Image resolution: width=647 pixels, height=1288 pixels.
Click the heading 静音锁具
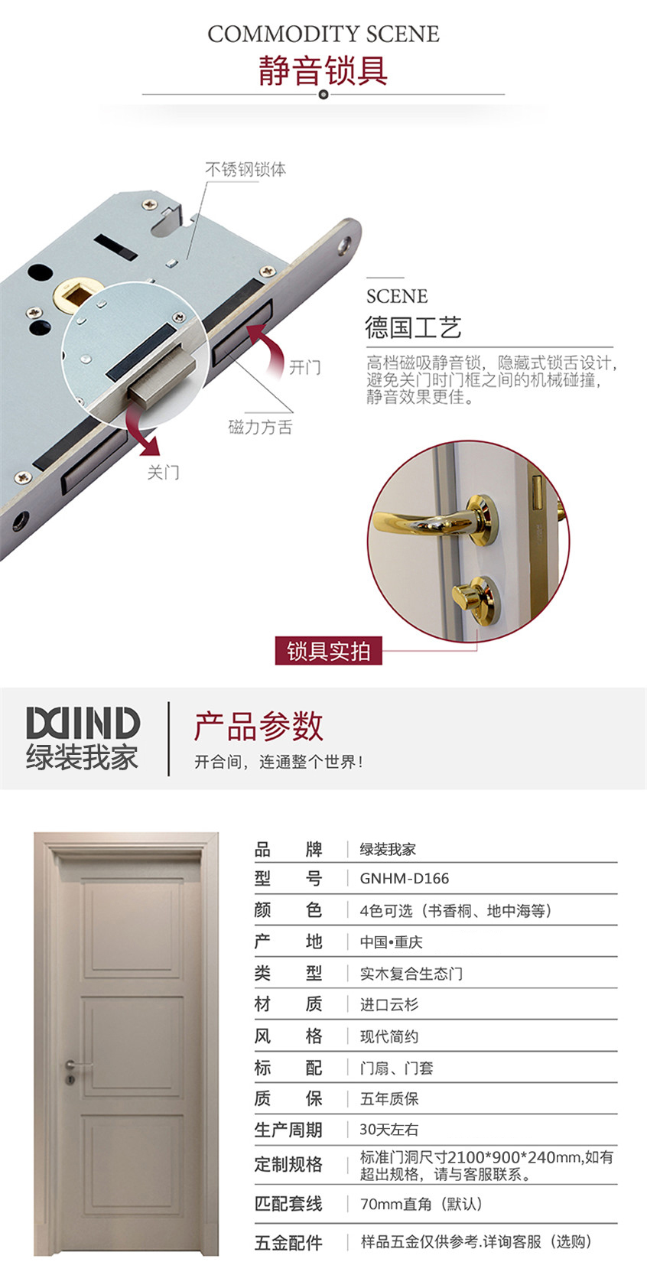323,70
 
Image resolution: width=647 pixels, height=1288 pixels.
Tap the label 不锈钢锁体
245,169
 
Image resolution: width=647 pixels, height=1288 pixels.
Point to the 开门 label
304,367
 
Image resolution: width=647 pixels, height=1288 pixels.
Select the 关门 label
163,472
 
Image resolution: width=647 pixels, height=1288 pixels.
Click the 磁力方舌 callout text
261,427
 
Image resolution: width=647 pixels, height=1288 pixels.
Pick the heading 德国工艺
414,328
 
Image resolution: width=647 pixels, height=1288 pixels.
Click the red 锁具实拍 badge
328,651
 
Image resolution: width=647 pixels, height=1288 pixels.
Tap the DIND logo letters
83,723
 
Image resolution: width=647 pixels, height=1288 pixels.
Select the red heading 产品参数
258,727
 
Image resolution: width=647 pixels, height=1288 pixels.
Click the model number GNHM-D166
405,878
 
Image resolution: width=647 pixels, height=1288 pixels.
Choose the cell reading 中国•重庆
391,942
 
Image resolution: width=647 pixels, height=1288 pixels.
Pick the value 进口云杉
389,1004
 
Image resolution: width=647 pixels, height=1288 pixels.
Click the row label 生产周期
288,1130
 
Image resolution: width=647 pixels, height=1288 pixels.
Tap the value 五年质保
389,1099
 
